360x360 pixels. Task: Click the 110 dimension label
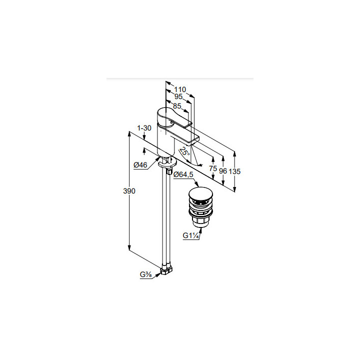(x=180, y=89)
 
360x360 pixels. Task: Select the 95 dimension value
(x=178, y=96)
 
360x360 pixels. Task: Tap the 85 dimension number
(x=177, y=106)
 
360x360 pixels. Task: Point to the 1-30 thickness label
(x=144, y=128)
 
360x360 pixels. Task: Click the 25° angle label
(x=185, y=151)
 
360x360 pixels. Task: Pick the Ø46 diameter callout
(x=140, y=164)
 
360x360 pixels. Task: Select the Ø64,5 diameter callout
(x=183, y=174)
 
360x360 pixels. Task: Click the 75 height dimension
(x=213, y=168)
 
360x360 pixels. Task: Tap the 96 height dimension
(x=222, y=171)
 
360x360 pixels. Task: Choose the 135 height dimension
(x=234, y=171)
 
